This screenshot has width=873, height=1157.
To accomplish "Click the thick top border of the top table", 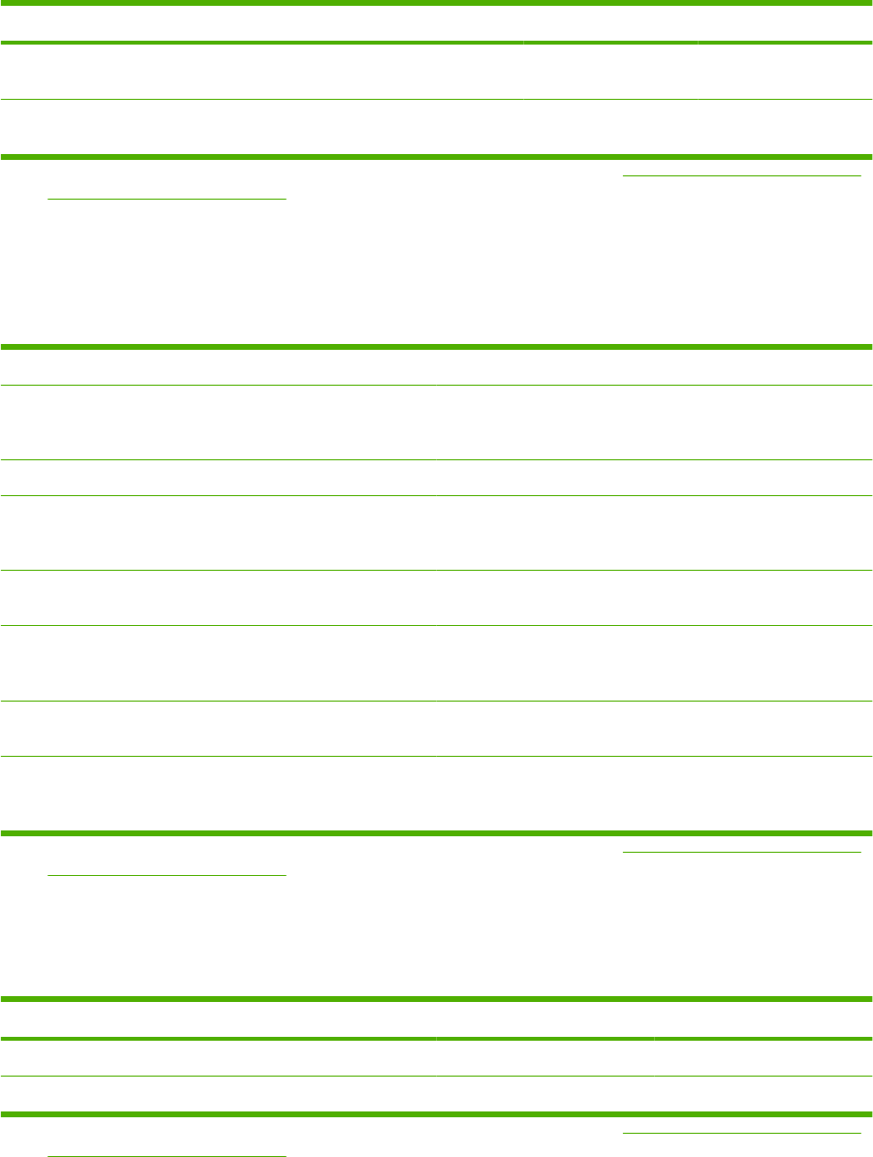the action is click(436, 3).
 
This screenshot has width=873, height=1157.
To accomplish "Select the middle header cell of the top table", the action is click(609, 23).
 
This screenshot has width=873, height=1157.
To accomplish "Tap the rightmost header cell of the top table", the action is click(784, 23).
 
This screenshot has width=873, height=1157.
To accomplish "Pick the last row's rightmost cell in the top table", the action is click(784, 127).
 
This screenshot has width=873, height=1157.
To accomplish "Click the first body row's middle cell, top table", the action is click(609, 72).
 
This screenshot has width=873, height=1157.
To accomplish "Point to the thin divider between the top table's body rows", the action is click(436, 100).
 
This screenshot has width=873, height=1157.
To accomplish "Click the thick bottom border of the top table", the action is click(436, 156).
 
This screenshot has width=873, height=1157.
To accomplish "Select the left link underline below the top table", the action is click(168, 198).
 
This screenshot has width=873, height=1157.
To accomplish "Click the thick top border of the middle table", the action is click(436, 346).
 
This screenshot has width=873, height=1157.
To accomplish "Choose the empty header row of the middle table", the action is click(436, 366).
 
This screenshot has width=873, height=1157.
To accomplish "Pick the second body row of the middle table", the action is click(436, 477).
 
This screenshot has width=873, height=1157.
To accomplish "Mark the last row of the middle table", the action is click(436, 793).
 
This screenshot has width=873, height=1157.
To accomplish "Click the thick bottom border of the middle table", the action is click(436, 832).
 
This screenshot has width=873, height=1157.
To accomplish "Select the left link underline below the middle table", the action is click(168, 874).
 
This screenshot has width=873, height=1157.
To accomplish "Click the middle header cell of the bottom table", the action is click(545, 1018).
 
